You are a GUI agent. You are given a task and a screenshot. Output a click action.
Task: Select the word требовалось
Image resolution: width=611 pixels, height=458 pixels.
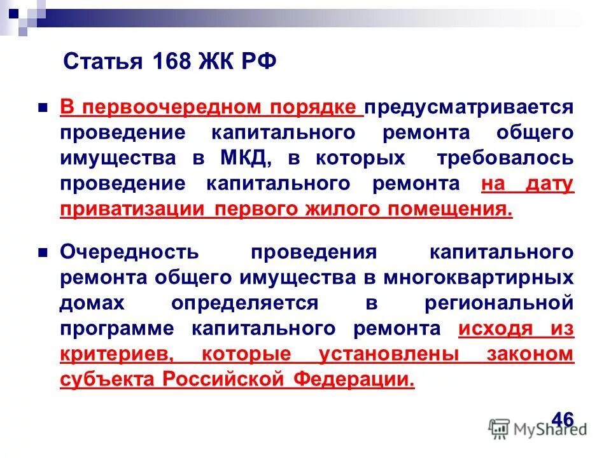pyautogui.click(x=505, y=158)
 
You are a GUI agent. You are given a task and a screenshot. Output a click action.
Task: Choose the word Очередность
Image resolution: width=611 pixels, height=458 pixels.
pyautogui.click(x=130, y=252)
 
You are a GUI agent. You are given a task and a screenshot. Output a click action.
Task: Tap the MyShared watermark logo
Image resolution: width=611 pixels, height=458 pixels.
pyautogui.click(x=538, y=429)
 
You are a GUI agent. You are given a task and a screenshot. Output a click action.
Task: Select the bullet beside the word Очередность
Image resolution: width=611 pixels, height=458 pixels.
pyautogui.click(x=43, y=252)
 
